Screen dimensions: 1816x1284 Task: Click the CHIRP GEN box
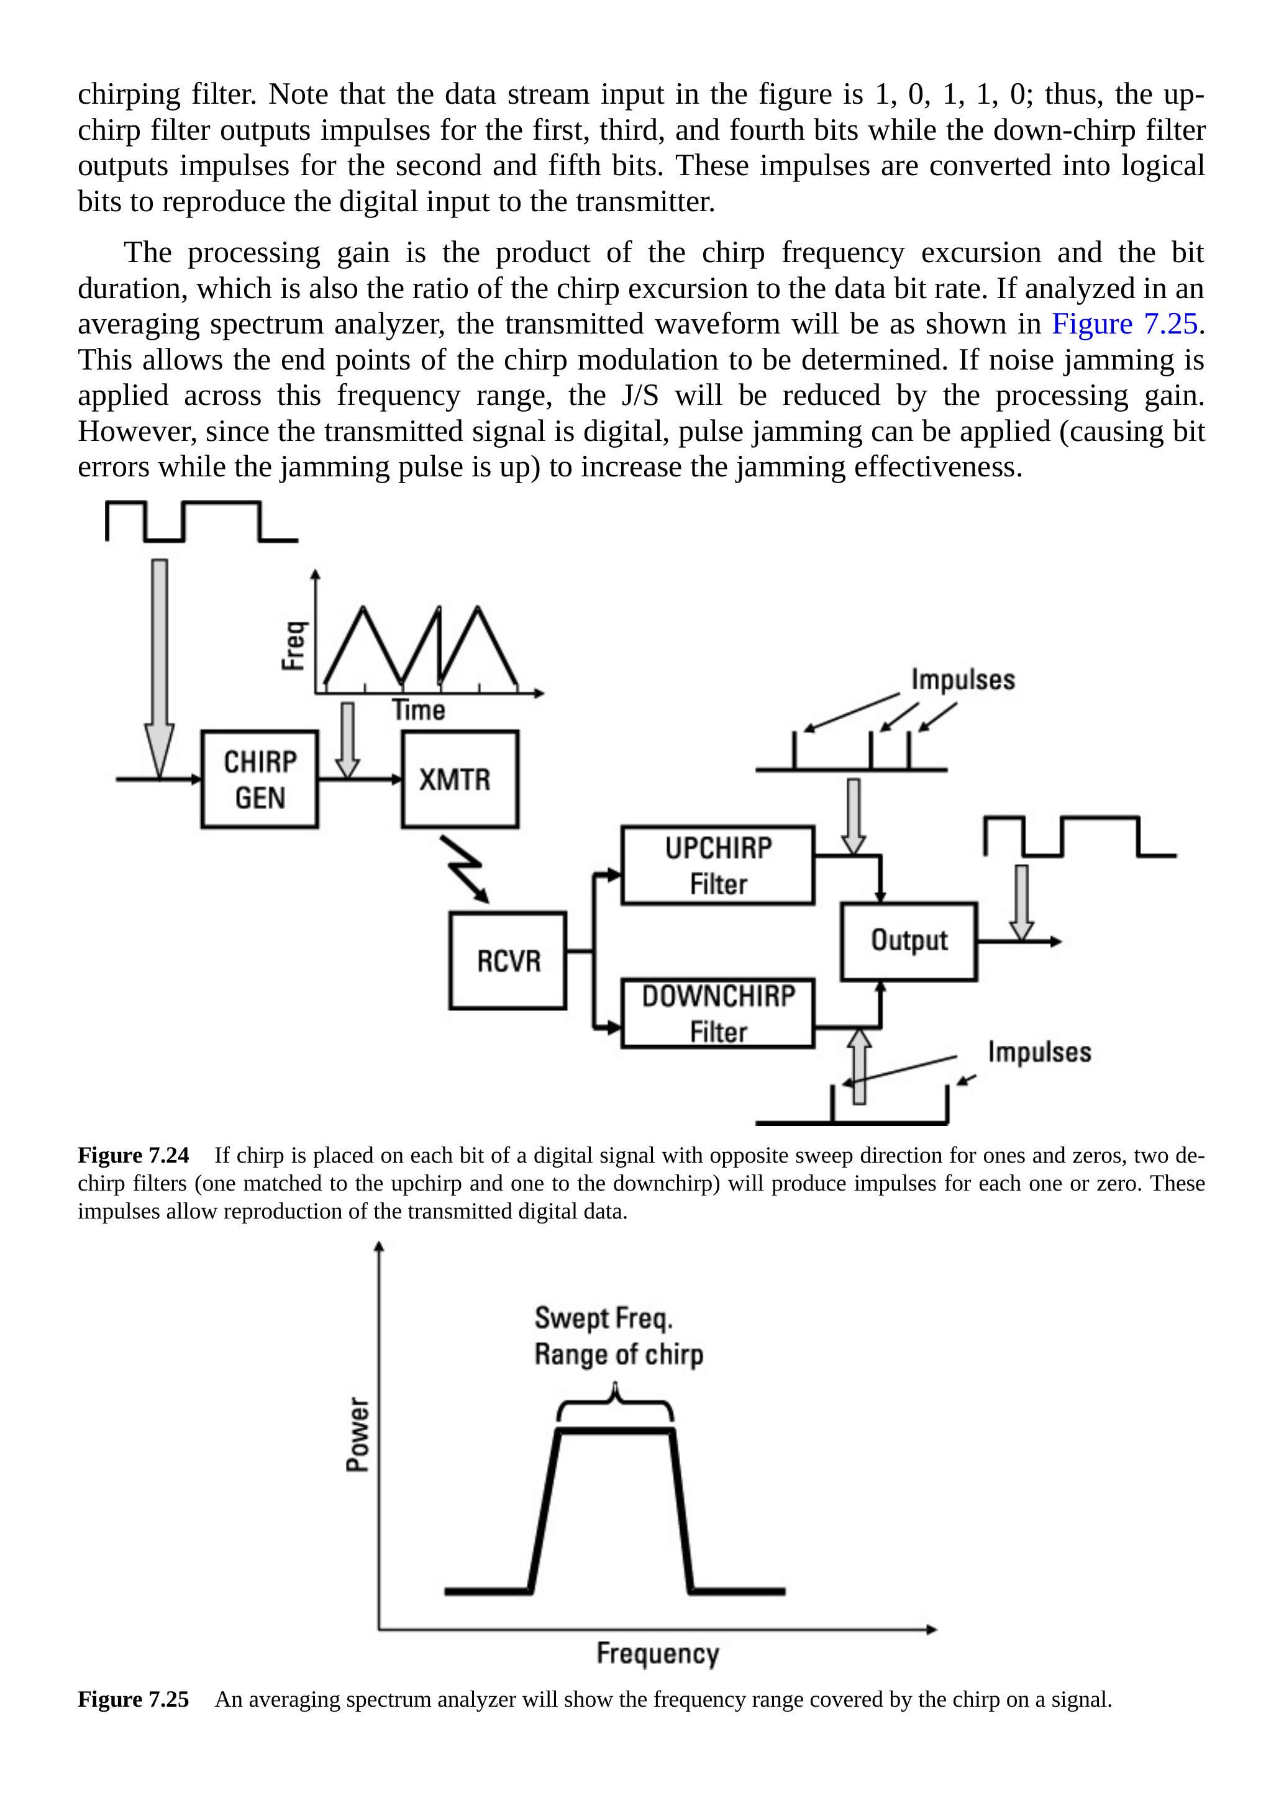(x=260, y=779)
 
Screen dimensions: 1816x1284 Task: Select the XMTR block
(x=460, y=779)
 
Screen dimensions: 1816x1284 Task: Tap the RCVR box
(x=508, y=960)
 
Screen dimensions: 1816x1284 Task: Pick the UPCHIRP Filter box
(x=717, y=865)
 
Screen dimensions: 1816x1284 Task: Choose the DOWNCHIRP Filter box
(x=717, y=1013)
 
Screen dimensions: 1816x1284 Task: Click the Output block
(x=909, y=941)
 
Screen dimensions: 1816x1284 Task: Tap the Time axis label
(x=419, y=709)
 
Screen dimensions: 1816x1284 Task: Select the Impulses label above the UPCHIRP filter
(x=963, y=679)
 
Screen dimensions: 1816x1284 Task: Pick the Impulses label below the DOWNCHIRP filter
(x=1039, y=1052)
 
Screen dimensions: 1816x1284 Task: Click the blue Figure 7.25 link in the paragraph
(x=1124, y=324)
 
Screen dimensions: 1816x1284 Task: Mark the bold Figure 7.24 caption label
(x=133, y=1156)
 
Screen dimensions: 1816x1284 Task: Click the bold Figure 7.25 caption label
(x=133, y=1699)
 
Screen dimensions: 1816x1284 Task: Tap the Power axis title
(x=358, y=1434)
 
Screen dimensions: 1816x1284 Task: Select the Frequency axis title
(x=657, y=1653)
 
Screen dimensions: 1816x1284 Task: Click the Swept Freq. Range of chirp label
(x=618, y=1336)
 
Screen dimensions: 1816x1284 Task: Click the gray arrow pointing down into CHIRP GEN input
(x=159, y=665)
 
